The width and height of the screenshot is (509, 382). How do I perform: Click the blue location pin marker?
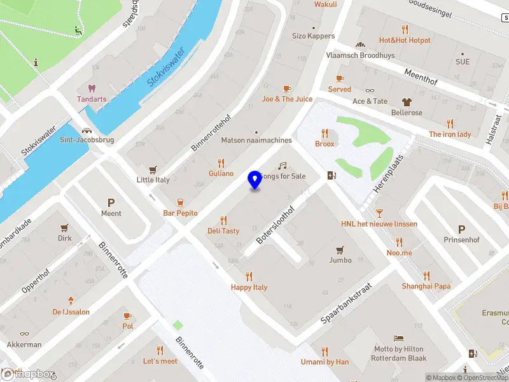click(254, 180)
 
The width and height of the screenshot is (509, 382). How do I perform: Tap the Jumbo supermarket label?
click(340, 260)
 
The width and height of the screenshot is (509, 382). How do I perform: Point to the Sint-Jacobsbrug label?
click(87, 139)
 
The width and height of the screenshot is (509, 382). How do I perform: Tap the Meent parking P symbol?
click(111, 202)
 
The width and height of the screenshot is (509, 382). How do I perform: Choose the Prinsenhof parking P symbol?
click(461, 229)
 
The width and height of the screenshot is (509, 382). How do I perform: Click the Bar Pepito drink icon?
click(180, 202)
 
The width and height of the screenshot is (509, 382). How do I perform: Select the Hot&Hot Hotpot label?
click(405, 40)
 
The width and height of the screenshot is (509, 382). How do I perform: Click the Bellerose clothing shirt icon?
click(406, 101)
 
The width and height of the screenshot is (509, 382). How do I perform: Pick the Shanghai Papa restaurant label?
click(426, 286)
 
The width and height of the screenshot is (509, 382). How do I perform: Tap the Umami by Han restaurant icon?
click(324, 351)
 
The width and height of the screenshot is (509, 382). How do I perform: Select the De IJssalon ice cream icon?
click(71, 301)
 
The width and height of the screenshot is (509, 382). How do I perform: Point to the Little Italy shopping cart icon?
click(153, 169)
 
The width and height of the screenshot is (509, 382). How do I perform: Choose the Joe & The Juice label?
click(287, 99)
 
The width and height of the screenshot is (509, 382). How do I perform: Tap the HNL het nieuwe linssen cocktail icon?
click(379, 213)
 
